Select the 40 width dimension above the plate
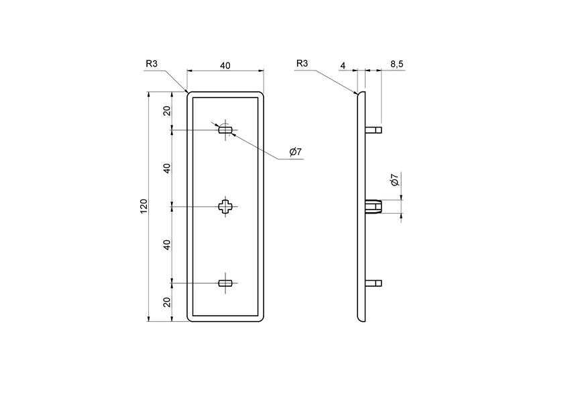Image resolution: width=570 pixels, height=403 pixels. coord(225,65)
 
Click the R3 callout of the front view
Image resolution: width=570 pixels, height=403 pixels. coord(152,64)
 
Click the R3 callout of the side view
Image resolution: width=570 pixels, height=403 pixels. coord(302,64)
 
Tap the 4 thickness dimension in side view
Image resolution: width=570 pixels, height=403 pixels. coord(343,65)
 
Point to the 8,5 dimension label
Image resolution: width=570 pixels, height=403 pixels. coord(396,64)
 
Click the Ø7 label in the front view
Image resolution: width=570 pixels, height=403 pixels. coord(295,152)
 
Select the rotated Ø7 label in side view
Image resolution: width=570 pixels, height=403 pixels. coord(394,180)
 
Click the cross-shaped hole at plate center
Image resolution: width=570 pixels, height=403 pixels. coord(225,206)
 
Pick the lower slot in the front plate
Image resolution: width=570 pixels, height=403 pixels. coord(225,283)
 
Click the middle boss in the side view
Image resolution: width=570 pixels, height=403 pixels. coord(374,206)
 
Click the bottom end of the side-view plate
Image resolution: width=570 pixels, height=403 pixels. coord(362,318)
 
